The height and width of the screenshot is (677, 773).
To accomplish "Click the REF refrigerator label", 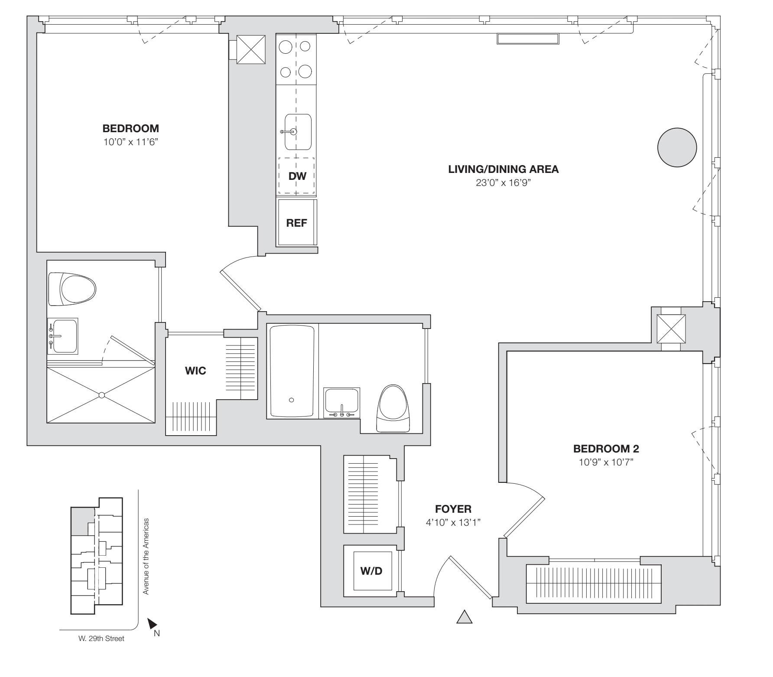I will pyautogui.click(x=296, y=223).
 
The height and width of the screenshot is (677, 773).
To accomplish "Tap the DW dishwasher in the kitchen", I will pyautogui.click(x=297, y=176).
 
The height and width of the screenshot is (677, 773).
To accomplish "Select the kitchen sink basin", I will pyautogui.click(x=298, y=132).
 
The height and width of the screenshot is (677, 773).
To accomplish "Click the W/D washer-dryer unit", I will pyautogui.click(x=372, y=571).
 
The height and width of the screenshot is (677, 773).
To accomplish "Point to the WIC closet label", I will pyautogui.click(x=195, y=371).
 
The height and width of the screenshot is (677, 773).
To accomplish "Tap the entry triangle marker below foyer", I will pyautogui.click(x=464, y=617).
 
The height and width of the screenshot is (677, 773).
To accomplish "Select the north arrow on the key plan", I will pyautogui.click(x=152, y=624).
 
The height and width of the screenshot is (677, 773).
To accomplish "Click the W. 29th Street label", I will pyautogui.click(x=99, y=638).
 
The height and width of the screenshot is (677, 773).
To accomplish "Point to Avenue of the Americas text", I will pyautogui.click(x=146, y=556).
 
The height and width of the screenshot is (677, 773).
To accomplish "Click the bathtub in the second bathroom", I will pyautogui.click(x=292, y=371).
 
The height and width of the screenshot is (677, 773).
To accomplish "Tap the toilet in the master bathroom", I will pyautogui.click(x=72, y=289).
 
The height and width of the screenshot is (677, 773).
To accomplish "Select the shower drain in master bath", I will pyautogui.click(x=101, y=395).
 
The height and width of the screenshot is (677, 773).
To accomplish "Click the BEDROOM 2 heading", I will pyautogui.click(x=606, y=449).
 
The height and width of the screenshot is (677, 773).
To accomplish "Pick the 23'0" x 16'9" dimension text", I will pyautogui.click(x=503, y=183).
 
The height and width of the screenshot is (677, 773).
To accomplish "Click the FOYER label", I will pyautogui.click(x=453, y=509).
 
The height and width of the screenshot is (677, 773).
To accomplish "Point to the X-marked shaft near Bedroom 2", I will pyautogui.click(x=671, y=329).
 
